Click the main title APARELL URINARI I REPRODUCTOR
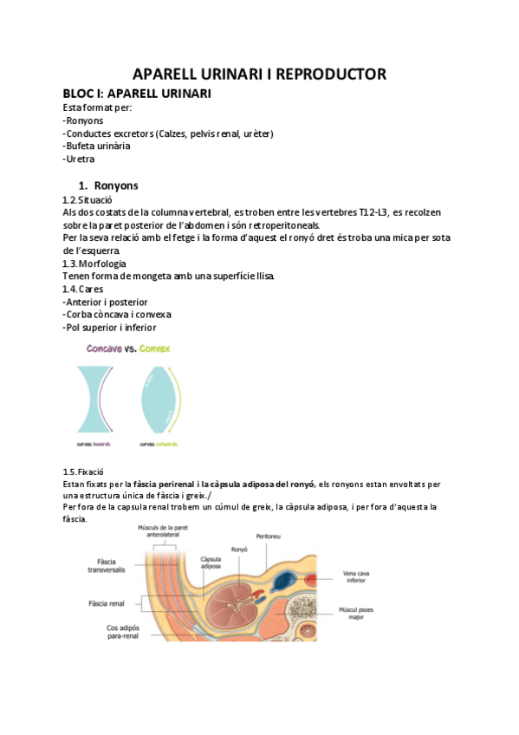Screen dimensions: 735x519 (259, 75)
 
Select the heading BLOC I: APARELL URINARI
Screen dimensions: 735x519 (137, 94)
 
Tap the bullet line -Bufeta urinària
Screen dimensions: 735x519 (97, 146)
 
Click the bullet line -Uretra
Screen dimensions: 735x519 (79, 159)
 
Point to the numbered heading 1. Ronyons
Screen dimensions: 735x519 (108, 185)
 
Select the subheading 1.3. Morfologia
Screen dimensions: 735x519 (94, 263)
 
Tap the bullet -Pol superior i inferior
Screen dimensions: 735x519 (110, 328)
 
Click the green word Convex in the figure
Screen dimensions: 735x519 (155, 348)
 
